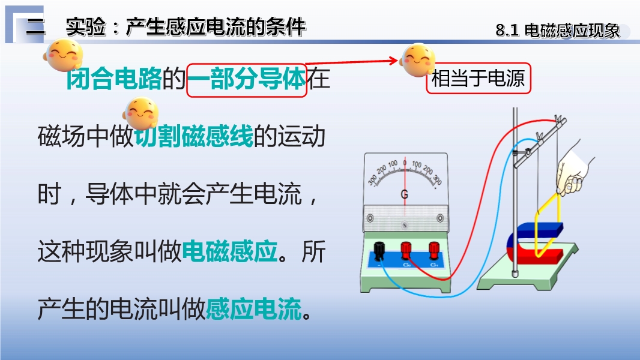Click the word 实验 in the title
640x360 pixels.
(x=86, y=27)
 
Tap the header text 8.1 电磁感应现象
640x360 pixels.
(x=558, y=31)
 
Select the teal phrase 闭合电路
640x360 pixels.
(x=114, y=79)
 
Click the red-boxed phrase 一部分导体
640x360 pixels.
(x=247, y=79)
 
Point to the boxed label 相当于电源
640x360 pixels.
(x=478, y=78)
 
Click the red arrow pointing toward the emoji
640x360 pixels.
(x=351, y=62)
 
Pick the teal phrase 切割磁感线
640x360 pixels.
(x=194, y=137)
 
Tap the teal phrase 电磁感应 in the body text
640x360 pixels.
(x=230, y=251)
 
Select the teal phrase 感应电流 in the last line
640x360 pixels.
(x=254, y=308)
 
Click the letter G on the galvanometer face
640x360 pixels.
(x=404, y=194)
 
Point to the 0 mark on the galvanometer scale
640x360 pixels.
(x=405, y=163)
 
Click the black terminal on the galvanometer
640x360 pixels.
(x=379, y=250)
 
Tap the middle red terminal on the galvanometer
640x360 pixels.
(x=406, y=250)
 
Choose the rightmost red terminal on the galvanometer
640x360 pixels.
(x=434, y=250)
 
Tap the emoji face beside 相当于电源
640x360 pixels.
(x=417, y=61)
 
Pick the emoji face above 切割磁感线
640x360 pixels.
(x=141, y=113)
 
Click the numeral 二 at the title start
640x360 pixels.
(x=35, y=28)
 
